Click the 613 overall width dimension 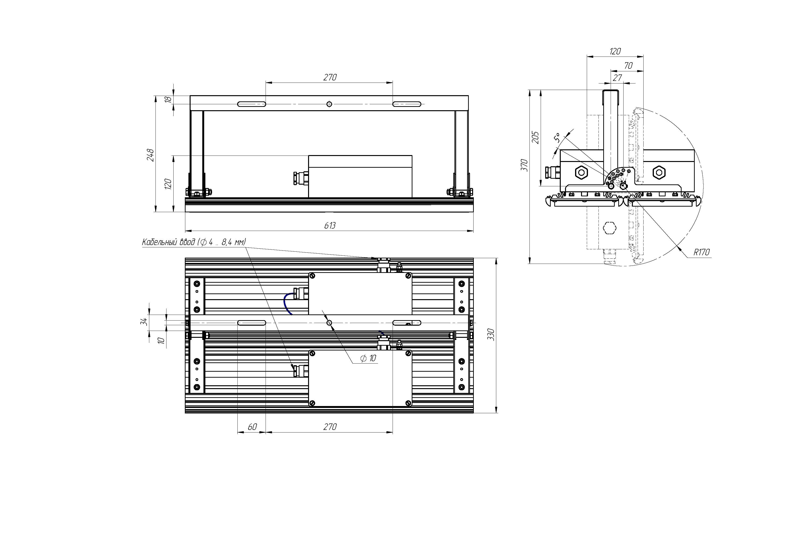point(330,225)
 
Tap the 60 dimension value point(252,427)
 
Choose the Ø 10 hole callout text point(368,358)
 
